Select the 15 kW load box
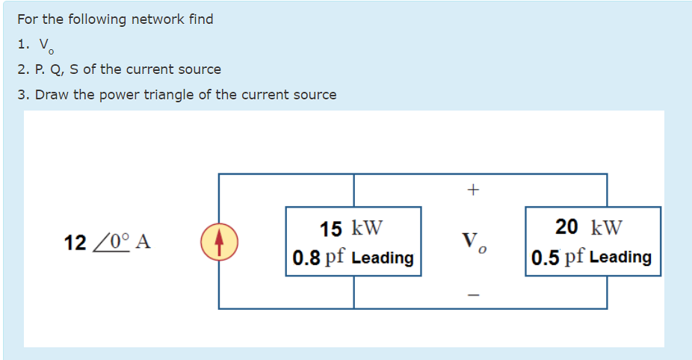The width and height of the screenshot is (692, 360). pyautogui.click(x=353, y=241)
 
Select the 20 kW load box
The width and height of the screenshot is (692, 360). pyautogui.click(x=593, y=241)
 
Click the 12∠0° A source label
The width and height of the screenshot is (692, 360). pyautogui.click(x=108, y=242)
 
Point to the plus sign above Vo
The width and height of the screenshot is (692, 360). pyautogui.click(x=472, y=191)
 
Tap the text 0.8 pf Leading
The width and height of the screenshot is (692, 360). pyautogui.click(x=353, y=258)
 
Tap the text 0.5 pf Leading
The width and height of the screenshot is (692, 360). pyautogui.click(x=592, y=257)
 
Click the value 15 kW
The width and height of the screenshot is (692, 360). pyautogui.click(x=351, y=228)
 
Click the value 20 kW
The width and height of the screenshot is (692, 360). pyautogui.click(x=589, y=227)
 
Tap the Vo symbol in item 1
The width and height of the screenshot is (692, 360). pyautogui.click(x=45, y=46)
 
